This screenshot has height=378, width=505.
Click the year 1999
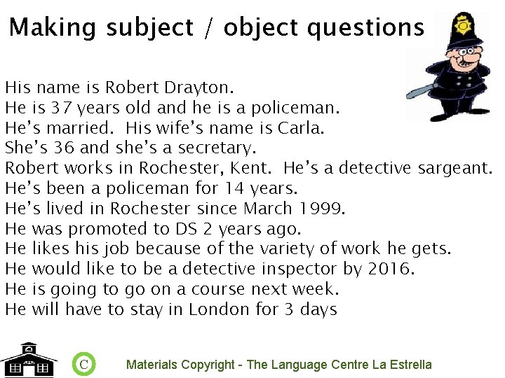[325, 209]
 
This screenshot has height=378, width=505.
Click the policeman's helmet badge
[463, 27]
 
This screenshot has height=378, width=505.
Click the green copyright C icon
[83, 364]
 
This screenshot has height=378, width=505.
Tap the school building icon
[28, 360]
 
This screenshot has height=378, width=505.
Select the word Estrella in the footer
[410, 365]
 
